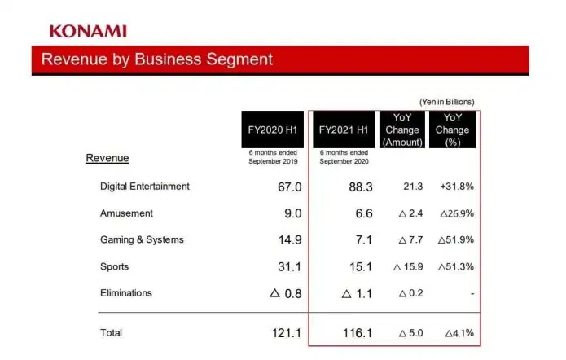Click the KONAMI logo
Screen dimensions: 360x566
88,31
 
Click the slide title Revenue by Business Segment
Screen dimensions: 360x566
157,59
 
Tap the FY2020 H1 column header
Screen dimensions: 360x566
272,130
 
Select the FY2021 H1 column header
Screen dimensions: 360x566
345,130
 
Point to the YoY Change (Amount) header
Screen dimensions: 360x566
402,130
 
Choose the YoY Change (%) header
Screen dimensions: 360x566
453,130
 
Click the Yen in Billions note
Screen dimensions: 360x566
446,102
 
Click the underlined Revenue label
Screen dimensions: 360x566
107,158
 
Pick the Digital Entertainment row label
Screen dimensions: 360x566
145,187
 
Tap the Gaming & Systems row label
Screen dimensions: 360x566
142,239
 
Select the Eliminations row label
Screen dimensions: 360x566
126,292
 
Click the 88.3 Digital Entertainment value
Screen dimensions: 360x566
360,187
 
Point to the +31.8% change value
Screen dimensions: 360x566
456,187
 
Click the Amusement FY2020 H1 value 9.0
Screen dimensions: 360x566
292,213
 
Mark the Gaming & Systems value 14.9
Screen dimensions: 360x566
289,239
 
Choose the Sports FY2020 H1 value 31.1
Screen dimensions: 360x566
289,266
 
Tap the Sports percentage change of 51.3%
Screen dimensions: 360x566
456,266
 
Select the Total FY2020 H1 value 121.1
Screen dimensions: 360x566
285,333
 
